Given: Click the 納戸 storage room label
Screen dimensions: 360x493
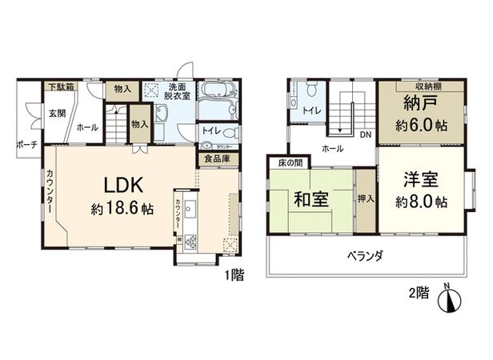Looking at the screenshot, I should (x=411, y=105).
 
